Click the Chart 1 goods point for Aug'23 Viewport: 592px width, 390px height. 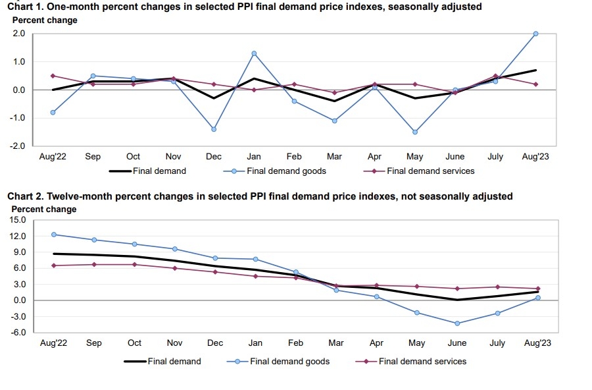(x=536, y=34)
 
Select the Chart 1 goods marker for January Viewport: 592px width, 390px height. (x=254, y=53)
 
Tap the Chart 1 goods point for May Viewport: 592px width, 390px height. (x=415, y=132)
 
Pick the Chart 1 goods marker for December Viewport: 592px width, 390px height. (x=214, y=129)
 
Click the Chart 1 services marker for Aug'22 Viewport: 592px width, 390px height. (x=53, y=76)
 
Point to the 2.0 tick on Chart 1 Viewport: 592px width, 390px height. (x=20, y=34)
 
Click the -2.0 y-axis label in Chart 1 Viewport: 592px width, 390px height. (x=18, y=146)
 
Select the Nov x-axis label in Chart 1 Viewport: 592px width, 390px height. (x=173, y=157)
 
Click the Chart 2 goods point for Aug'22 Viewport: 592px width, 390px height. (x=53, y=235)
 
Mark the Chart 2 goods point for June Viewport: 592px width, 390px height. (x=457, y=323)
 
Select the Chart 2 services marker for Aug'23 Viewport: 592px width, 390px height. (x=538, y=289)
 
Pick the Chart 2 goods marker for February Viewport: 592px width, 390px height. (x=296, y=272)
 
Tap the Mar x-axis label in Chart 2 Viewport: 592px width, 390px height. (x=336, y=343)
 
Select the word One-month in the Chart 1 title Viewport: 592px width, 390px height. (x=72, y=7)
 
